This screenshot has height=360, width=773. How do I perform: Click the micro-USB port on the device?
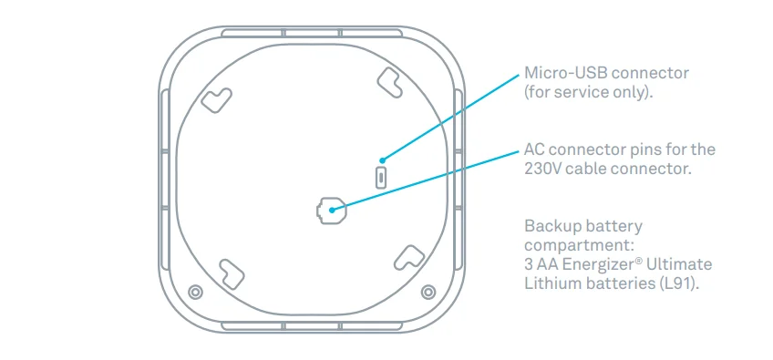382,175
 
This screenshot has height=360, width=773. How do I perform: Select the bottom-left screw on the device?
194,292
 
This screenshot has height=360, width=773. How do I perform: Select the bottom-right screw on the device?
428,292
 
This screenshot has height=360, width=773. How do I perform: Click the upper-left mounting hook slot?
218,98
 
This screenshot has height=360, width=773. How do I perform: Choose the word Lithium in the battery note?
551,283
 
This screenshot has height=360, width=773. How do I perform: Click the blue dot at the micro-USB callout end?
382,159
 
